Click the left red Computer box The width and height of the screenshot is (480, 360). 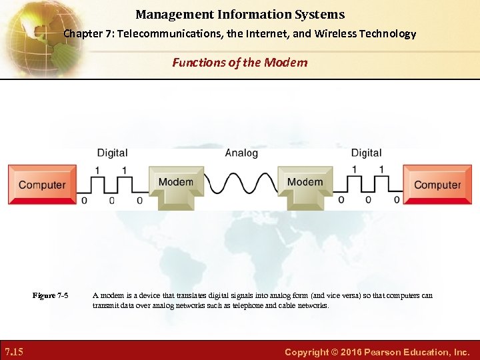coord(42,185)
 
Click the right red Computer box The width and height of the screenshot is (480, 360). coord(437,185)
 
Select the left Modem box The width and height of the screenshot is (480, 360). coord(175,183)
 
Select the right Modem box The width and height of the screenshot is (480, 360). coord(305,183)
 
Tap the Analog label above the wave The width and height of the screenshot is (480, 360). coord(241,153)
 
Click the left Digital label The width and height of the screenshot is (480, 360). coord(112,153)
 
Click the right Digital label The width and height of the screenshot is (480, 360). coord(366,153)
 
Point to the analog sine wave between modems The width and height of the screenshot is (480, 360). coord(240,182)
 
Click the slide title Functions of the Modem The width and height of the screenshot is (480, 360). coord(240,63)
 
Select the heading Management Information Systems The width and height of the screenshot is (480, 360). coord(240,14)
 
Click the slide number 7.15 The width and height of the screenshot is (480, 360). coord(14,351)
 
